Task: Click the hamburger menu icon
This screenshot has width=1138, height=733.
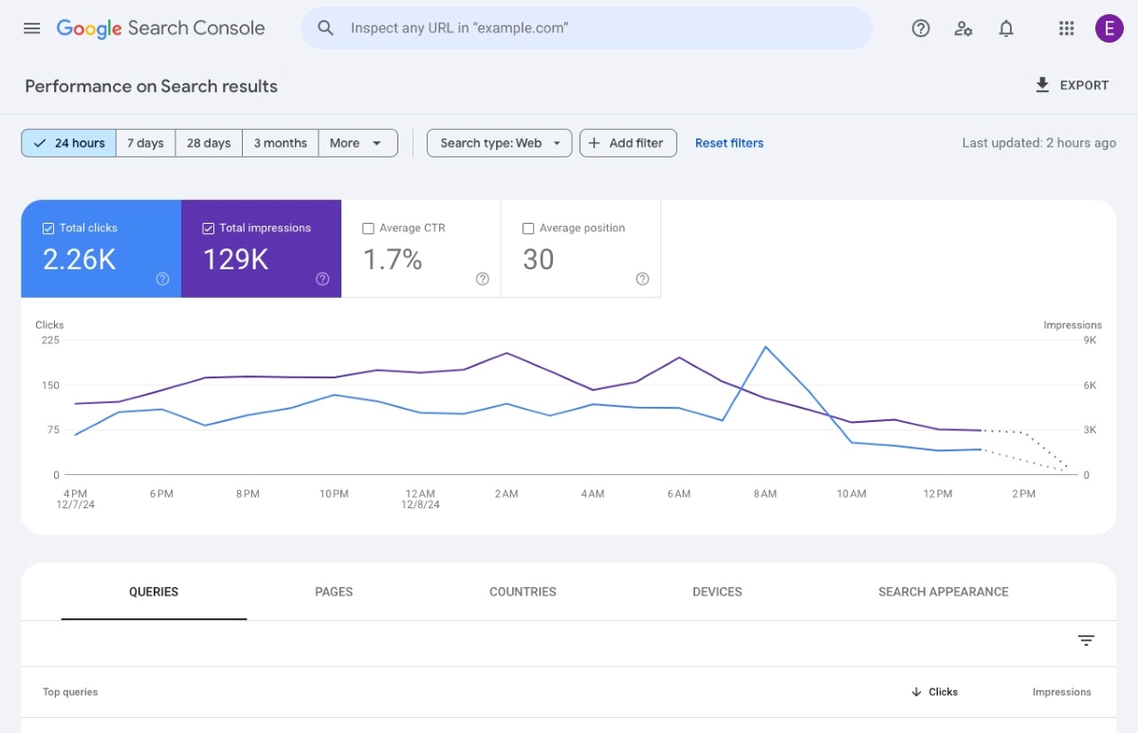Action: tap(31, 28)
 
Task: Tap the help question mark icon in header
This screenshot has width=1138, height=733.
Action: tap(920, 28)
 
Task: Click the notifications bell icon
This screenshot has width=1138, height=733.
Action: tap(1006, 28)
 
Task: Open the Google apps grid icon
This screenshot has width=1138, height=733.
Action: tap(1066, 28)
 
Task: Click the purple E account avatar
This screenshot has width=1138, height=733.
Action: tap(1109, 28)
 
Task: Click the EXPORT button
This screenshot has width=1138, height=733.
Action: tap(1072, 85)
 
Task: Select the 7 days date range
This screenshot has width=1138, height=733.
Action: tap(145, 143)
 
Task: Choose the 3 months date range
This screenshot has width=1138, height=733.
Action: tap(280, 143)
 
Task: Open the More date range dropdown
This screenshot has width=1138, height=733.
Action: tap(357, 143)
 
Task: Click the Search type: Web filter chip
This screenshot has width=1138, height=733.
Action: tap(500, 143)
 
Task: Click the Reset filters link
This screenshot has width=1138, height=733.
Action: tap(728, 143)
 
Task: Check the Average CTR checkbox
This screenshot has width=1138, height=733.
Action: tap(369, 229)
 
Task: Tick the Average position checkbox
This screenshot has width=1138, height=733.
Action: tap(528, 229)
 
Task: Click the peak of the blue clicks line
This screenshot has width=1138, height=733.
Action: tap(765, 347)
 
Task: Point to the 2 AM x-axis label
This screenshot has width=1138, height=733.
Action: tap(505, 494)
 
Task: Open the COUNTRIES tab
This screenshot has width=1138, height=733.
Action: tap(523, 592)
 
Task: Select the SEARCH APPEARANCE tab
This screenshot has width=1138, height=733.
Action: tap(943, 592)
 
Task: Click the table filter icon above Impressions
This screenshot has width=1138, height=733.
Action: tap(1086, 641)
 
